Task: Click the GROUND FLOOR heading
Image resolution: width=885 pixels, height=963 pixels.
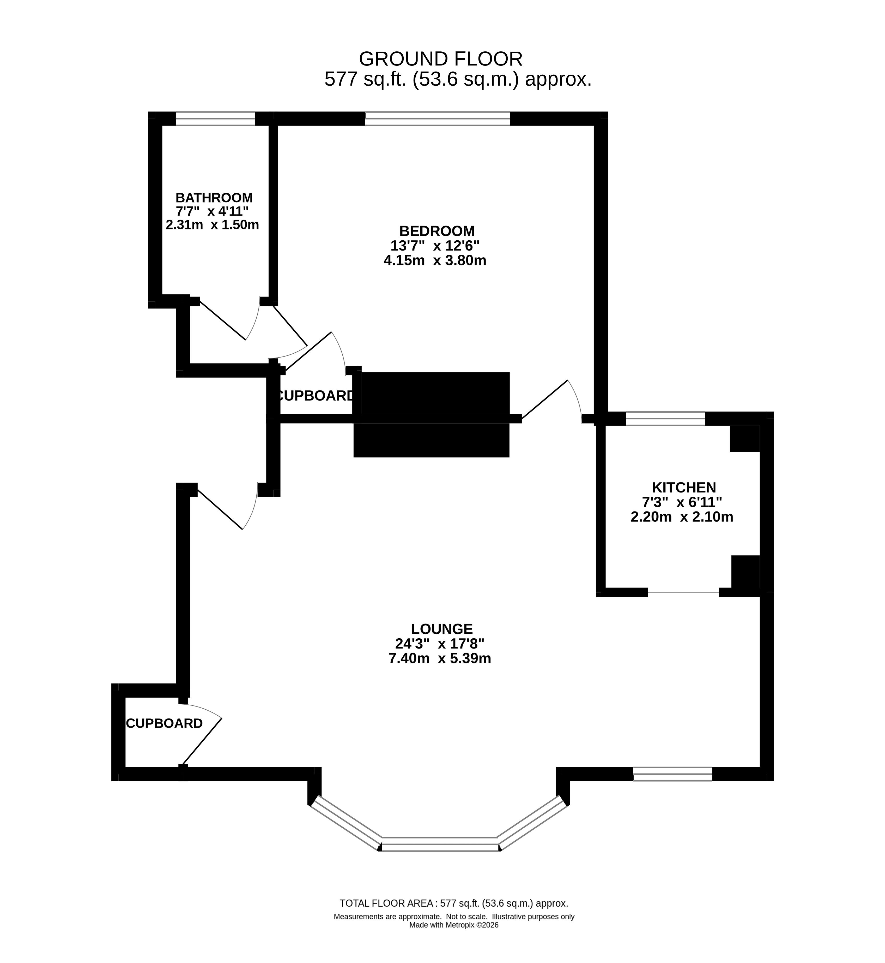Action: (x=441, y=59)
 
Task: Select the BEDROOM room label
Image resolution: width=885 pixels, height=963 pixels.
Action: (x=437, y=231)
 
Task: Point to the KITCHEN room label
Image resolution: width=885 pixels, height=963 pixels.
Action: (x=684, y=488)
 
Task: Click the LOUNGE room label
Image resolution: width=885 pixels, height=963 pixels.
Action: (x=441, y=629)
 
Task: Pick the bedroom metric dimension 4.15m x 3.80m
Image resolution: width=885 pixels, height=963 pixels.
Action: (x=435, y=260)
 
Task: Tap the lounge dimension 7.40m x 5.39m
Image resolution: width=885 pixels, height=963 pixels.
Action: (x=440, y=658)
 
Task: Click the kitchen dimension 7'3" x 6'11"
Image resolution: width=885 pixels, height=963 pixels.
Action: (x=682, y=502)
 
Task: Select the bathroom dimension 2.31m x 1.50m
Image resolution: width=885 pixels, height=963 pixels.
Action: (x=212, y=224)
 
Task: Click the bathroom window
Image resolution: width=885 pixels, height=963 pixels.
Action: (x=215, y=118)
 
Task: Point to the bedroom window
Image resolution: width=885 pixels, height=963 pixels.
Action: (x=438, y=118)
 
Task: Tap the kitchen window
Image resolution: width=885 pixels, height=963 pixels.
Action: (x=666, y=418)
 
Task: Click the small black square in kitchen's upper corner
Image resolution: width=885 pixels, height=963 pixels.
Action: (x=745, y=438)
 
